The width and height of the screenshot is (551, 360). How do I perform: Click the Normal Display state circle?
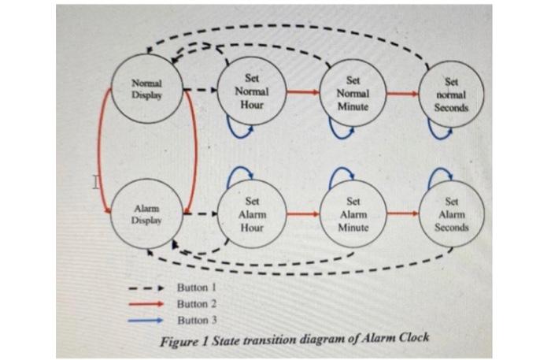pyautogui.click(x=146, y=89)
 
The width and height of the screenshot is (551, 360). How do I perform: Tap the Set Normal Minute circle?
pyautogui.click(x=353, y=92)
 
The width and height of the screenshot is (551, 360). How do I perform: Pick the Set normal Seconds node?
pyautogui.click(x=451, y=94)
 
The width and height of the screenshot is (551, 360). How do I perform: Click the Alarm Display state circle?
pyautogui.click(x=147, y=214)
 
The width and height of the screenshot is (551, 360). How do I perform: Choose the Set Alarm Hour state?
pyautogui.click(x=251, y=213)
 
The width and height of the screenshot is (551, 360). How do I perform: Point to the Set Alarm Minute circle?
pyautogui.click(x=353, y=214)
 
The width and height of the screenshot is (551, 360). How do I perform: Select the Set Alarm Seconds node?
pyautogui.click(x=451, y=214)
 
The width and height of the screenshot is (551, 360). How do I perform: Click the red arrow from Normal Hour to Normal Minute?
pyautogui.click(x=302, y=91)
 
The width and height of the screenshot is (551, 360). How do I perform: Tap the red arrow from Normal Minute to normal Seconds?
pyautogui.click(x=402, y=93)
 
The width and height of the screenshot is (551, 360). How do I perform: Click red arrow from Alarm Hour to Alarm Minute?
pyautogui.click(x=302, y=213)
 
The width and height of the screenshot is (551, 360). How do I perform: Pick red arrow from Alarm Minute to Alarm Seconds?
pyautogui.click(x=402, y=213)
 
